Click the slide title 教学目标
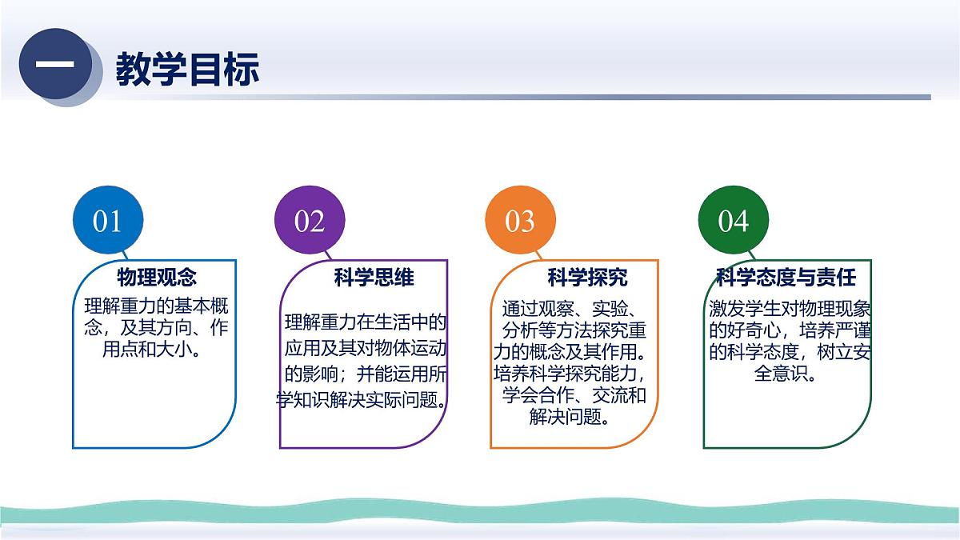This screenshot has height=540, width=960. [x=187, y=70]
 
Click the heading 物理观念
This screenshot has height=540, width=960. [x=157, y=278]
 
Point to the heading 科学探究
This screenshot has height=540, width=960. [x=587, y=278]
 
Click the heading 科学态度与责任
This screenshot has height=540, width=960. [x=786, y=278]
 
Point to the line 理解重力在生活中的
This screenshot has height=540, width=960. [x=365, y=323]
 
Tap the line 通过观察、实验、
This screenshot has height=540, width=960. [x=569, y=308]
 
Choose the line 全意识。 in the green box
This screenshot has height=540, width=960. [x=786, y=374]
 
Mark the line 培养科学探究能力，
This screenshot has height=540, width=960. [x=569, y=374]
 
